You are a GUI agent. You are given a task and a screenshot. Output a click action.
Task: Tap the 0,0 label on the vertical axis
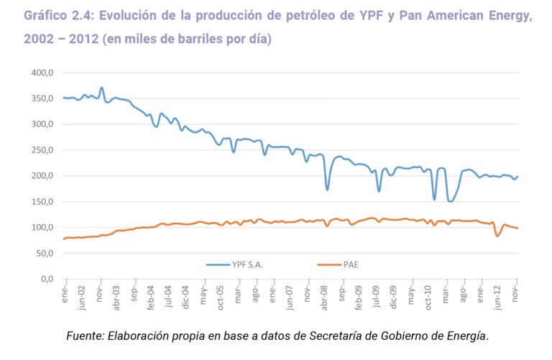tap(47, 279)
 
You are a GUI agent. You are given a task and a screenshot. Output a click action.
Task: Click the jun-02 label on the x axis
tap(83, 297)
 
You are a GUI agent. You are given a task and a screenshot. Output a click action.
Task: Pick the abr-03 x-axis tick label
tap(116, 297)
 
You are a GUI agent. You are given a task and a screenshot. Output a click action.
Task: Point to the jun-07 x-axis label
tap(290, 297)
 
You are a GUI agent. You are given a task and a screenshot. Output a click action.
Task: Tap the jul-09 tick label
tap(376, 297)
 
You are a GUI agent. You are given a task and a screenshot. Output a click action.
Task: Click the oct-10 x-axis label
tap(428, 297)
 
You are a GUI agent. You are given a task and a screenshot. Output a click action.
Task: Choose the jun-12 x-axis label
tap(497, 297)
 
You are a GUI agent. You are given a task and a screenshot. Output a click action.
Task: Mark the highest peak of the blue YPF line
tap(101, 88)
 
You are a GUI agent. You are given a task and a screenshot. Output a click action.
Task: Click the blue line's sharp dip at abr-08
tap(327, 190)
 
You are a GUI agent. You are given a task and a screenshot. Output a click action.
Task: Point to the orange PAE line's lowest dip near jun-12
tap(497, 236)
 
